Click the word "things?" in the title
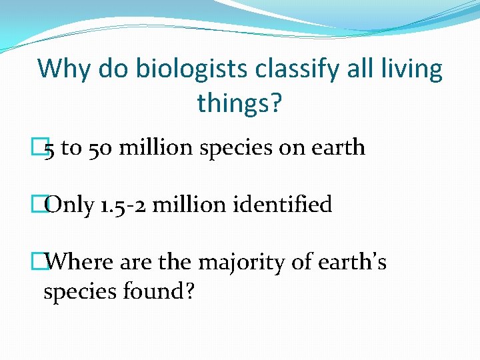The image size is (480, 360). click(x=239, y=103)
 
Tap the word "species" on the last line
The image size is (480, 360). click(x=79, y=292)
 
